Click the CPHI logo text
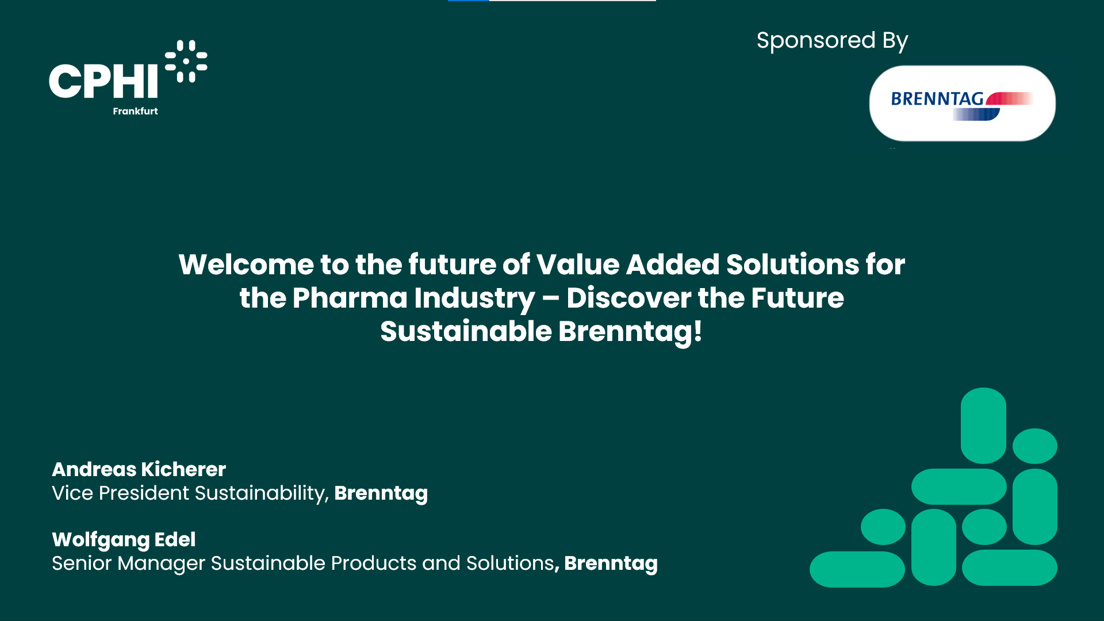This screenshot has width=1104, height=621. pyautogui.click(x=103, y=80)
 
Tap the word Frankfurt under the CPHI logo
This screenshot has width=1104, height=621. pyautogui.click(x=135, y=111)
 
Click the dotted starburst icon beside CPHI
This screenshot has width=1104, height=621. pyautogui.click(x=186, y=61)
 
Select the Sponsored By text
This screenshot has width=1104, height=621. pyautogui.click(x=832, y=41)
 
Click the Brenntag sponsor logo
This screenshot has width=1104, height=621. pyautogui.click(x=962, y=103)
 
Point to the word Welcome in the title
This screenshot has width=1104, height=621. pyautogui.click(x=246, y=264)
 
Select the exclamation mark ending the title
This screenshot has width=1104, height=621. pyautogui.click(x=697, y=331)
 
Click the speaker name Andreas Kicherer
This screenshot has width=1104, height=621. pyautogui.click(x=139, y=469)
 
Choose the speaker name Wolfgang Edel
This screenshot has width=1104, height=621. pyautogui.click(x=124, y=539)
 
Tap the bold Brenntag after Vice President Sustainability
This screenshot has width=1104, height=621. pyautogui.click(x=381, y=493)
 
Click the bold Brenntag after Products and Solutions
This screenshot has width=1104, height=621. pyautogui.click(x=611, y=563)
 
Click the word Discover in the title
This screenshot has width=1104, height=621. pyautogui.click(x=628, y=298)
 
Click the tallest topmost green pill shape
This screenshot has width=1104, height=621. pyautogui.click(x=983, y=425)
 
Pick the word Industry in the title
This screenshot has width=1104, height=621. pyautogui.click(x=474, y=299)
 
